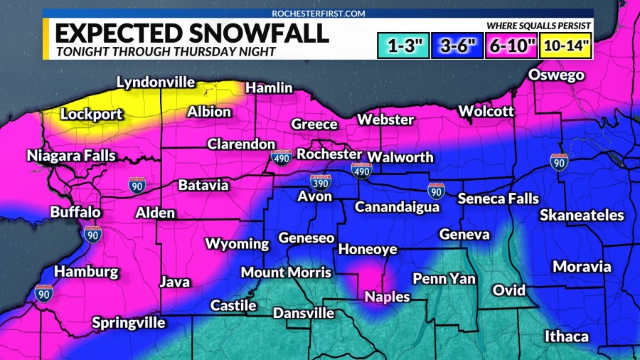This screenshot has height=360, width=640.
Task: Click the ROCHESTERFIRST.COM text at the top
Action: coord(319,13)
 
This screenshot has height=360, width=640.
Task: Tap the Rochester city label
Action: coord(329,154)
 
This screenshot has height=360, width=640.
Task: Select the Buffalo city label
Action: coord(75,212)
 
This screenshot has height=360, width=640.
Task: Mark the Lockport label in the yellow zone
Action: coord(92,114)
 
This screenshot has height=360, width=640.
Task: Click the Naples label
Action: coord(387,297)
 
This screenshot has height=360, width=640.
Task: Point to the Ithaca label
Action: coord(566,336)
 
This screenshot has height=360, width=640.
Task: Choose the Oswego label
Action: coord(556,75)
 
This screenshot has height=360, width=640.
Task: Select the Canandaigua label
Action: coord(396,207)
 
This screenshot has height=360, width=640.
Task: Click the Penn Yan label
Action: coord(444,278)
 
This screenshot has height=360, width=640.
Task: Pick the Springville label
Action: coord(129,322)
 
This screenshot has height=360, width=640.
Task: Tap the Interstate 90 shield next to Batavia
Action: coord(138,186)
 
